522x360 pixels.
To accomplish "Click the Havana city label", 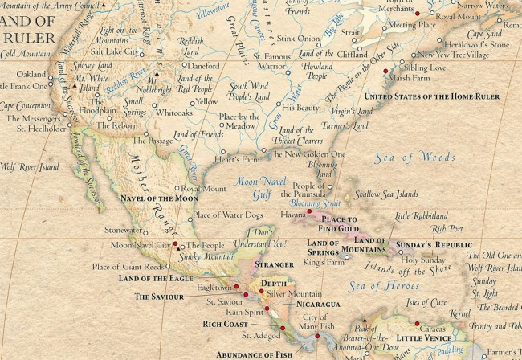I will [x=292, y=215].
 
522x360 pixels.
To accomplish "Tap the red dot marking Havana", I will [x=308, y=211].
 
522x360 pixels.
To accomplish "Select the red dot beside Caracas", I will [x=418, y=324].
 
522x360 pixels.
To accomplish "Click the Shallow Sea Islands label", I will [x=387, y=194].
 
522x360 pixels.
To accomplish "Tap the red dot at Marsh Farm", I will [x=386, y=71].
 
